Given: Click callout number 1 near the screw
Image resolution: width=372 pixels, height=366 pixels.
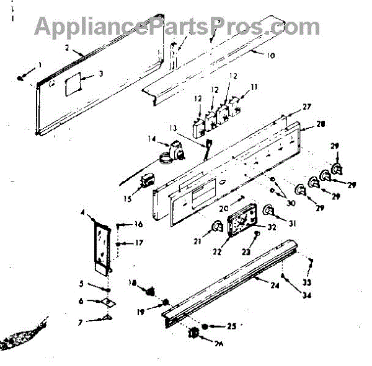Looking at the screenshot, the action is point(40,65).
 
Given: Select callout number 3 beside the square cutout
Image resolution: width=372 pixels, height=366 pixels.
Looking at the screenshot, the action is point(100,76).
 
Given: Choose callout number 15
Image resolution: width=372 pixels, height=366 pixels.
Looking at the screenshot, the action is point(128,198).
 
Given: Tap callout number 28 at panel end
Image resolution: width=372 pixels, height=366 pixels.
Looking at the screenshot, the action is point(320,124).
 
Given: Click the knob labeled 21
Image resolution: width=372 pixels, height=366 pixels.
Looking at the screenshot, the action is point(217,227).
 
